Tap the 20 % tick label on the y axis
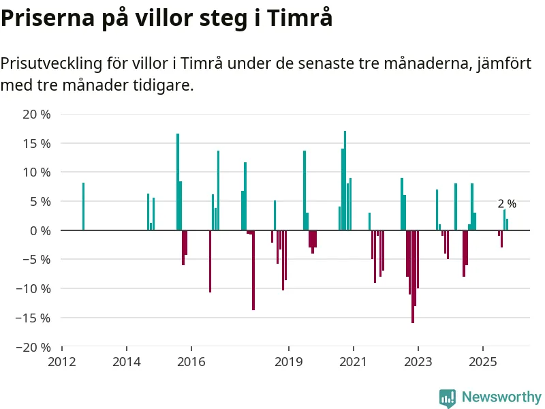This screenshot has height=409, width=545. tap(37, 115)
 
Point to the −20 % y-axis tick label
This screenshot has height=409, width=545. tap(34, 346)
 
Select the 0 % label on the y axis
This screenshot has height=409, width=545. tap(40, 230)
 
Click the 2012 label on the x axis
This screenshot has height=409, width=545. tap(62, 361)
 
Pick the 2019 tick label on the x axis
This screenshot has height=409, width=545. tap(288, 361)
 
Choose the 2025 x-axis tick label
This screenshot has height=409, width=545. tap(482, 361)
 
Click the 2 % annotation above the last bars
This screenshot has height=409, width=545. tap(507, 204)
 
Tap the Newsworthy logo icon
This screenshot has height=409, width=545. tap(448, 397)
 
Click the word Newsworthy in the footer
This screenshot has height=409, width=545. tap(501, 397)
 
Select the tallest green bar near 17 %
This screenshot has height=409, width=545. tap(345, 181)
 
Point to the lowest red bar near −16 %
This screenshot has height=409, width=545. tap(412, 276)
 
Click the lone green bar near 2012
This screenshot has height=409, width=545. tap(83, 207)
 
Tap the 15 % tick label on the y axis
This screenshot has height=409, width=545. tap(37, 143)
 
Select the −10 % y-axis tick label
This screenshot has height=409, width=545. tap(34, 288)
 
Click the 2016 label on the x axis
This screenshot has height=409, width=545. tap(191, 361)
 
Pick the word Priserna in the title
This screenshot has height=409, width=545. tap(46, 18)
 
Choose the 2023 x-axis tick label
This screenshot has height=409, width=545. tap(418, 361)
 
